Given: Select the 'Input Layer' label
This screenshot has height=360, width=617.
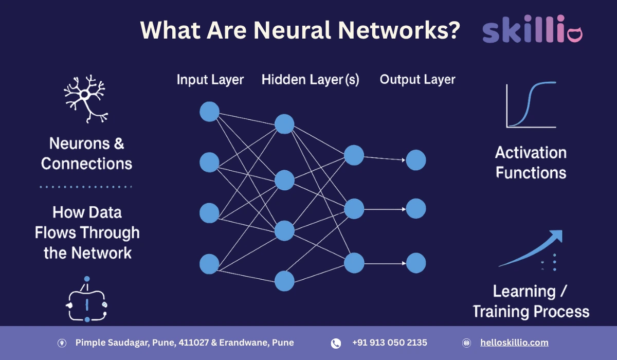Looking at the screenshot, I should coord(210,80).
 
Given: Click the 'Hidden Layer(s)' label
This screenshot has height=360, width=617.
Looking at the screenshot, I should coord(310,80).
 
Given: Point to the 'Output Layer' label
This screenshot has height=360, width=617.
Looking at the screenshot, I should coord(418,80).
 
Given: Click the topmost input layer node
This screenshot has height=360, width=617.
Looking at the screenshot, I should coord(209,112).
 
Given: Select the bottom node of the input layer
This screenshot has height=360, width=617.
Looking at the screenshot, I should coord(209,264).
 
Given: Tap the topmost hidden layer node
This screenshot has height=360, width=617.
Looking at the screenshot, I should coord(284,124).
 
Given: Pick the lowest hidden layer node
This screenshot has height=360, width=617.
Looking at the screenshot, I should coord(284,281).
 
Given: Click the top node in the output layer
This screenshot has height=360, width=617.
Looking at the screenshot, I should coord(416,160).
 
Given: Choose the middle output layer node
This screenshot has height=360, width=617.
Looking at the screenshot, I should coord(416,209).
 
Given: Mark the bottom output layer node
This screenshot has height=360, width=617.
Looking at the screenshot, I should coord(416,263).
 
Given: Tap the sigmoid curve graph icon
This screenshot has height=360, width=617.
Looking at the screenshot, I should coord(531,105).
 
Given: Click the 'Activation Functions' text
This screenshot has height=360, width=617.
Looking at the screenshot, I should coord(531,163).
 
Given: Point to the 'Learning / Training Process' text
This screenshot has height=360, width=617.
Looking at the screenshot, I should coord(531,301).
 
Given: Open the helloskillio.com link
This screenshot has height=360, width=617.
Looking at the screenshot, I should coord(514,343).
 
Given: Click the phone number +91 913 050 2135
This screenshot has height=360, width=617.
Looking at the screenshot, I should coord(389,343).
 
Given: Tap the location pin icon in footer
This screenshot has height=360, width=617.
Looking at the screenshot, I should coord(62,343).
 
